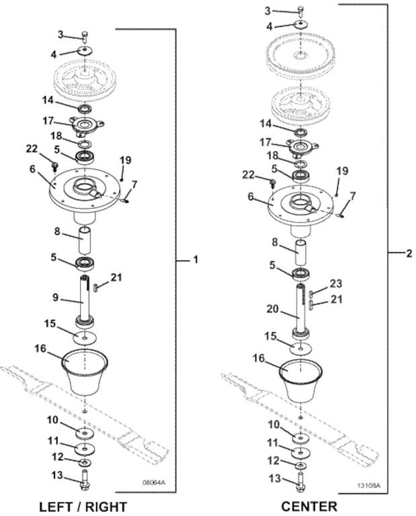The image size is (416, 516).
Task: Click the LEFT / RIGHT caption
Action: coord(83,507)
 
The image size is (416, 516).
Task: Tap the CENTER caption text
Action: coord(309,507)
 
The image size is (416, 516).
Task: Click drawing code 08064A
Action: coord(154,483)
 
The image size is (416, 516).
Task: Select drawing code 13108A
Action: coord(369,485)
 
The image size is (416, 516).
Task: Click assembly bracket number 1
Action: coord(196,259)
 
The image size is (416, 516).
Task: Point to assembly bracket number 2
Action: coord(409,253)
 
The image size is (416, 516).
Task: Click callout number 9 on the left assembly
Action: coord(55,298)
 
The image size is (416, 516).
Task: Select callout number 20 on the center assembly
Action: coord(272,309)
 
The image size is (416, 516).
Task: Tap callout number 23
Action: coord(336,284)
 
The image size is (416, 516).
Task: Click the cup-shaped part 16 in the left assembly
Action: coord(85,372)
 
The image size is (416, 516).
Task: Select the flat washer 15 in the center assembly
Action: coord(301,348)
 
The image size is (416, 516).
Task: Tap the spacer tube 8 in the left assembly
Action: coord(85,241)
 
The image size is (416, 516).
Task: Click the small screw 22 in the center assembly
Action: coord(273,181)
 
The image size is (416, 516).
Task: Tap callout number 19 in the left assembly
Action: coord(126,161)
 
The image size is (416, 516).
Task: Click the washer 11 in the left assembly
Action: coord(85,449)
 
